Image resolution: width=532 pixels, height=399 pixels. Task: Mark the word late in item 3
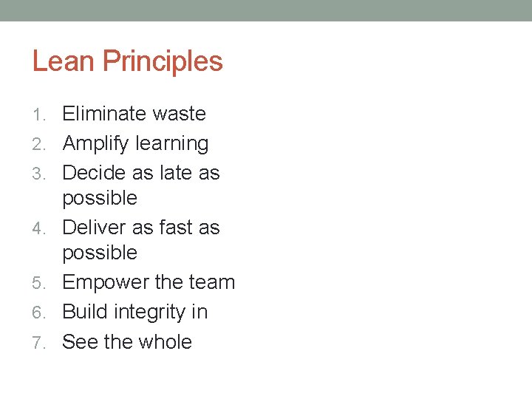coord(174,173)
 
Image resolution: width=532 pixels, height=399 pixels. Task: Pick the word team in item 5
coord(212,283)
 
